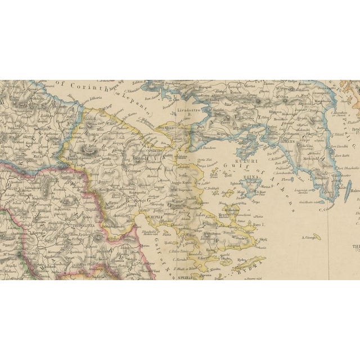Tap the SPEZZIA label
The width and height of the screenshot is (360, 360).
(x=185, y=277)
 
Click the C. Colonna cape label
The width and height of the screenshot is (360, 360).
(x=327, y=210)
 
